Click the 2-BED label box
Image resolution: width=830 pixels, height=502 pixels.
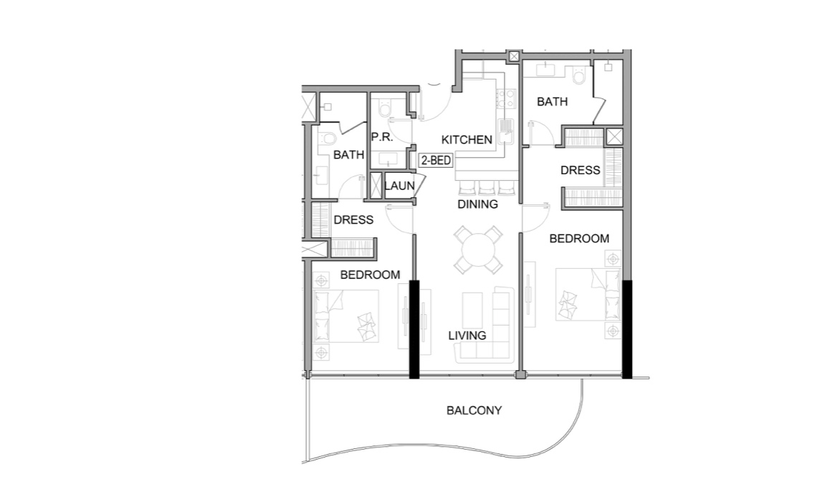click(x=436, y=161)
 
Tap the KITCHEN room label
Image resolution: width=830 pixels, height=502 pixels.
click(x=467, y=140)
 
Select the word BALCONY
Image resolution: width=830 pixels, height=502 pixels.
click(x=474, y=411)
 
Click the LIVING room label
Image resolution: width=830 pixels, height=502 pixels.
click(x=467, y=336)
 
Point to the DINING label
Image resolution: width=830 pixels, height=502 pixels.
click(x=478, y=204)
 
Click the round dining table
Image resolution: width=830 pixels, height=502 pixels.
click(x=478, y=250)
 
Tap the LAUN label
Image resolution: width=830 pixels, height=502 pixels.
click(x=399, y=186)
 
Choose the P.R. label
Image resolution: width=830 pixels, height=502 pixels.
click(x=379, y=137)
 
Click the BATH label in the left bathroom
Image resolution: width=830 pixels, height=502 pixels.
click(x=348, y=154)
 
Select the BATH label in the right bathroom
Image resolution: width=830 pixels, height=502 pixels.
click(x=552, y=102)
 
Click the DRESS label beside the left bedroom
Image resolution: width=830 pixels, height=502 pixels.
click(x=353, y=220)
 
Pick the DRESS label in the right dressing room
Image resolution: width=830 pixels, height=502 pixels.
click(x=580, y=171)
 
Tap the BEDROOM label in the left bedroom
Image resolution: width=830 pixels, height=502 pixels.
click(x=370, y=275)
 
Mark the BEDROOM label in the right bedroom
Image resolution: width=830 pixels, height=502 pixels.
click(x=579, y=239)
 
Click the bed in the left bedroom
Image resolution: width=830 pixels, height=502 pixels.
click(x=346, y=316)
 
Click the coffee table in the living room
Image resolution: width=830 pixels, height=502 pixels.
click(x=473, y=311)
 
